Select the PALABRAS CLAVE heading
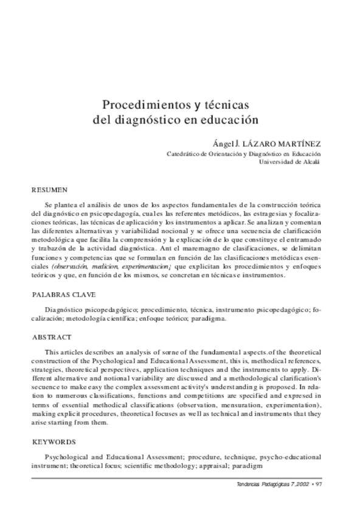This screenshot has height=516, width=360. tap(64, 293)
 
